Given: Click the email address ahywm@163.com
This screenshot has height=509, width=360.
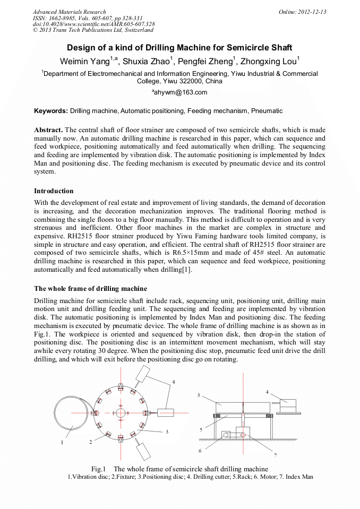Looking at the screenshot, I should [x=181, y=92].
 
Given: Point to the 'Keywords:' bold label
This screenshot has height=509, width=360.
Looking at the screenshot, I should [x=51, y=111].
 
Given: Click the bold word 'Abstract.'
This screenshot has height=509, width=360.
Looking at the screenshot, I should [x=48, y=130].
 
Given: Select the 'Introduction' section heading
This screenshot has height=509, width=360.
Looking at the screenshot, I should [x=54, y=191].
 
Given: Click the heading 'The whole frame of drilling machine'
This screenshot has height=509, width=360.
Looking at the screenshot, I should [x=90, y=289].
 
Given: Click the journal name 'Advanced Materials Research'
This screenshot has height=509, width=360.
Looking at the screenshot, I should [x=69, y=12].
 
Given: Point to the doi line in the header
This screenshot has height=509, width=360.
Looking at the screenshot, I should [x=93, y=24].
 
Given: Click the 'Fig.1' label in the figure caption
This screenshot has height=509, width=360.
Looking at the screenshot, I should [x=99, y=469].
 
